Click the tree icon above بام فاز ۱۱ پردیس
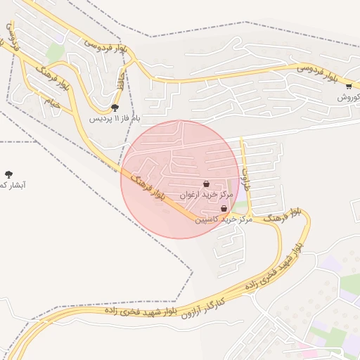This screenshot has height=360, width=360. [115, 108]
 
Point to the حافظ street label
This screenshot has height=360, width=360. [122, 75]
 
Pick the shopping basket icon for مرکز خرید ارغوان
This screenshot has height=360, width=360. [206, 184]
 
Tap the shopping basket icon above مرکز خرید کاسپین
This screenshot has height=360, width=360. [224, 209]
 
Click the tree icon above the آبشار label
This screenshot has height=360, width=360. [8, 174]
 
